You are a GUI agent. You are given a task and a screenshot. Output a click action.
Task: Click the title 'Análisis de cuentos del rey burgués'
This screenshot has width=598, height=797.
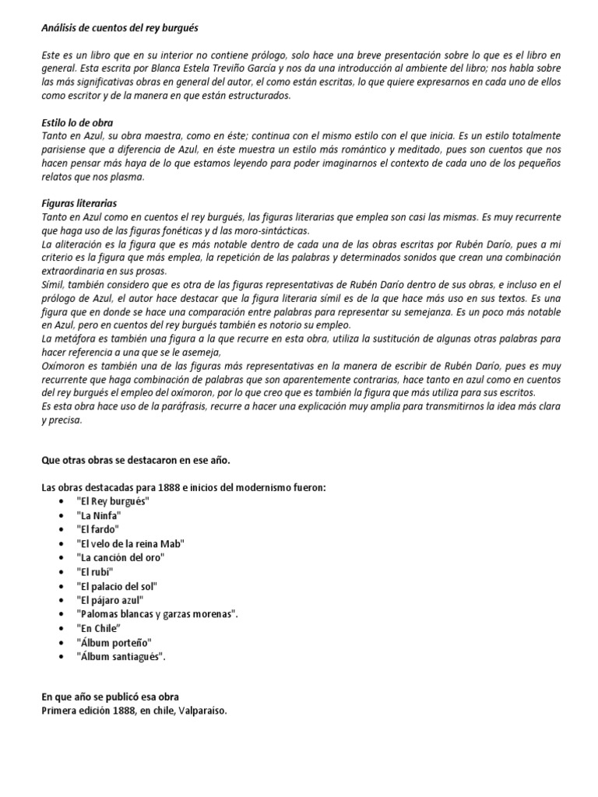(x=120, y=28)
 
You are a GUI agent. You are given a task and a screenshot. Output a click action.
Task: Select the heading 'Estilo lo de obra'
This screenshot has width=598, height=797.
(x=78, y=123)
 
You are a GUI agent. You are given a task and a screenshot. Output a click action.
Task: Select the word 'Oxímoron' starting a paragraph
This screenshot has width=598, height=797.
(x=63, y=366)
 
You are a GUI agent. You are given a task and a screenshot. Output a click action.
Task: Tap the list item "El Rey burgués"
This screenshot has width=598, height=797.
(x=113, y=501)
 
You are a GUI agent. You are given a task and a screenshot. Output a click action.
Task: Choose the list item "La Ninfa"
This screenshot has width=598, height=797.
(x=99, y=515)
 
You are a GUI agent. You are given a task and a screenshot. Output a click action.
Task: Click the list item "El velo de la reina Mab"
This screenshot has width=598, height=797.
(x=130, y=543)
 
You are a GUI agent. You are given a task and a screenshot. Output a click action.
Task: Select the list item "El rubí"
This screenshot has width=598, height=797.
(x=95, y=571)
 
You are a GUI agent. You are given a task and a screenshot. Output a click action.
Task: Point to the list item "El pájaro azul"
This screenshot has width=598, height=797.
(x=110, y=600)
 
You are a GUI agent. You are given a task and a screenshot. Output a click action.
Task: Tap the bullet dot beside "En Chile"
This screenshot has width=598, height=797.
(x=62, y=628)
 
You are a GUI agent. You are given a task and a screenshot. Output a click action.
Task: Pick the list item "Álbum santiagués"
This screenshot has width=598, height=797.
(x=121, y=656)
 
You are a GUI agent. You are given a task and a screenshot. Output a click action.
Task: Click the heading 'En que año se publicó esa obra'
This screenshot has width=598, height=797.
(x=114, y=697)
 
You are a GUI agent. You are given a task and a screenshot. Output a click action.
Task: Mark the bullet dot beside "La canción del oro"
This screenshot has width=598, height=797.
(x=62, y=557)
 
